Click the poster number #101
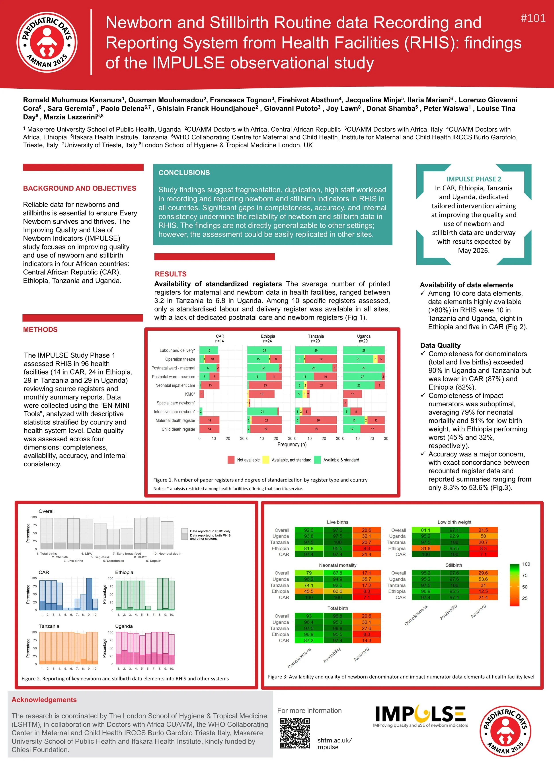tap(533, 18)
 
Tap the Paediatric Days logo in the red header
tap(47, 42)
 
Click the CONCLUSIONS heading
tap(184, 173)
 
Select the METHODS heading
tap(40, 329)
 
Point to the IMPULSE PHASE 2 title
tap(474, 179)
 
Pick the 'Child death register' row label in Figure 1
tap(178, 429)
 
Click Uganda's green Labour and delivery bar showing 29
tap(364, 350)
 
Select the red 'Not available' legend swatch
tap(231, 460)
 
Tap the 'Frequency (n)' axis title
tap(292, 444)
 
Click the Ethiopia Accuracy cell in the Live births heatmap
tap(366, 548)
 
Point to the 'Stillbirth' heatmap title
tap(453, 565)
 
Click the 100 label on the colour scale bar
tap(526, 564)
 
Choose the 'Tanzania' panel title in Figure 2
tap(49, 626)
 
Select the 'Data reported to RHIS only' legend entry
tap(210, 531)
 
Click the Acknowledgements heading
tap(44, 700)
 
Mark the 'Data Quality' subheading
tap(440, 345)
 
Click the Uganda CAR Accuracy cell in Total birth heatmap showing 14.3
tap(366, 641)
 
